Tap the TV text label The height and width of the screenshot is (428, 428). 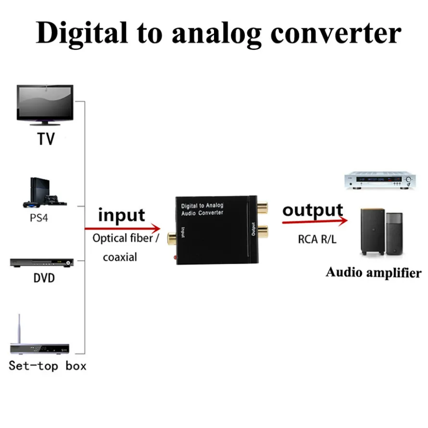(x=46, y=139)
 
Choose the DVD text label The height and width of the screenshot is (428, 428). (x=44, y=278)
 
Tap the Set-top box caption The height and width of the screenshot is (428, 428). (x=48, y=366)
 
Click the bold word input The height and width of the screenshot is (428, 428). (x=121, y=214)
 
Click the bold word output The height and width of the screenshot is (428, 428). (x=313, y=210)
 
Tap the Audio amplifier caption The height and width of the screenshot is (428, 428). (x=373, y=273)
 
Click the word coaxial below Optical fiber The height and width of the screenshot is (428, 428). (x=120, y=257)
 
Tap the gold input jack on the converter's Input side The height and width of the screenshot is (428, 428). (x=171, y=237)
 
